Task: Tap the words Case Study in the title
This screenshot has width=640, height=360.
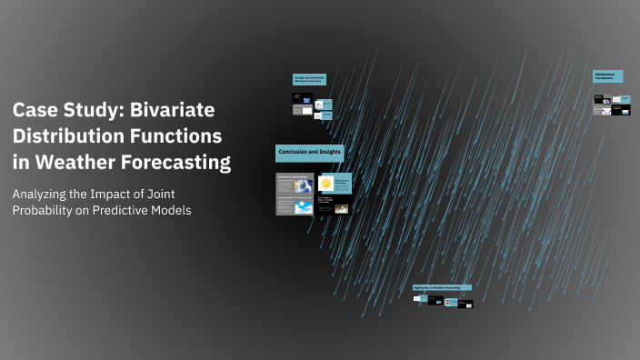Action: pyautogui.click(x=63, y=111)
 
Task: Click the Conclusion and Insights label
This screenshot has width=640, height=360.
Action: pyautogui.click(x=308, y=153)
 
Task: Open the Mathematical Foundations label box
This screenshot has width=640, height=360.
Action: pyautogui.click(x=607, y=77)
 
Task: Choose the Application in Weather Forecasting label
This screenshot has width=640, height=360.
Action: pyautogui.click(x=442, y=287)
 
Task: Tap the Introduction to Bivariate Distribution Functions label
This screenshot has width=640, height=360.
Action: pyautogui.click(x=308, y=79)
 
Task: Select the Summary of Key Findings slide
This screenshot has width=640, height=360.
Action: pyautogui.click(x=295, y=193)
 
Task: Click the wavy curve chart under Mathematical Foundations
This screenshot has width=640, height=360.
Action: pyautogui.click(x=601, y=110)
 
